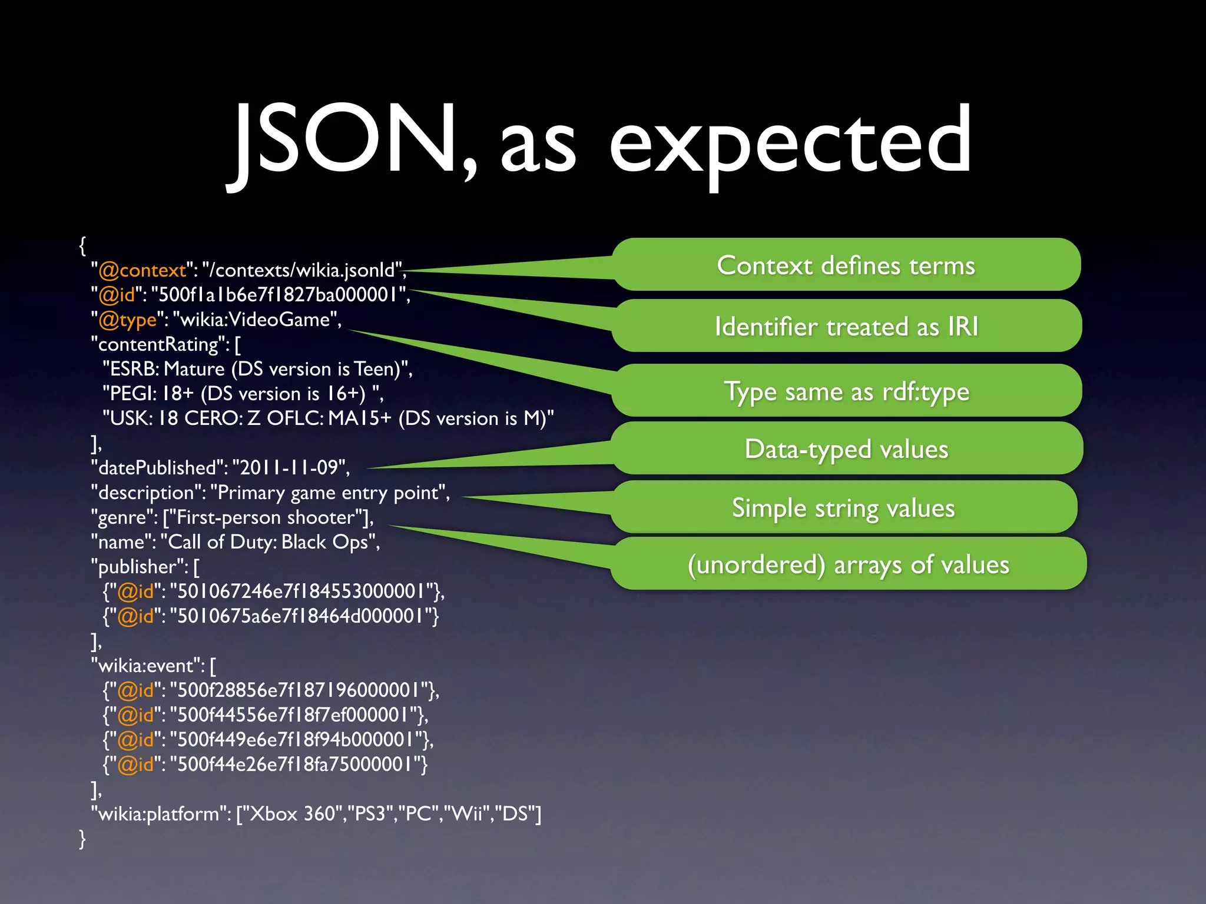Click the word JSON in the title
tap(347, 141)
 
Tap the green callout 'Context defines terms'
tap(846, 265)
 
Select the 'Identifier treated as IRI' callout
tap(846, 326)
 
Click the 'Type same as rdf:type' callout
tap(846, 391)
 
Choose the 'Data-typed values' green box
tap(846, 448)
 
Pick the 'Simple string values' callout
tap(843, 507)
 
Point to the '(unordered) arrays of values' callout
tap(849, 564)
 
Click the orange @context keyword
tap(142, 270)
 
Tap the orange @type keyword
tap(127, 320)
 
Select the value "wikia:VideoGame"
tap(257, 320)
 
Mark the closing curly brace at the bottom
tap(82, 838)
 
